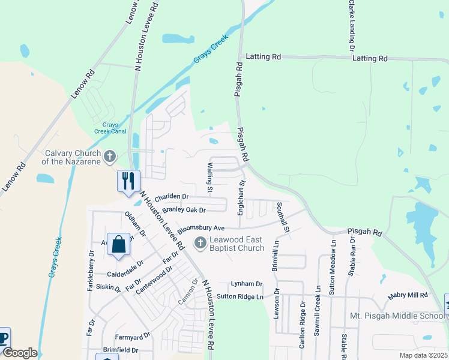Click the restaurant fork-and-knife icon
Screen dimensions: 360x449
pos(128,181)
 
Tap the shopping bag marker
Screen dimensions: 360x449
pos(118,245)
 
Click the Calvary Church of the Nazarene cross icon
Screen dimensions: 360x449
pos(109,157)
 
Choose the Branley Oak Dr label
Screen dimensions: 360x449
pos(184,210)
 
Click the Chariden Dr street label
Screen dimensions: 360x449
pos(172,196)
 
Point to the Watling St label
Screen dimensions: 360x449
pos(210,178)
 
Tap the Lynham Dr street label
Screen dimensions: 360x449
pos(247,284)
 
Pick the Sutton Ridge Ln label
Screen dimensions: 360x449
pos(240,296)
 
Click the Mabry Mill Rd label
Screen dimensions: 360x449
pos(407,295)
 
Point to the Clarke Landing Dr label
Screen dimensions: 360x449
pos(351,25)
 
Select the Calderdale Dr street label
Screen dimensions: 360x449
pos(125,262)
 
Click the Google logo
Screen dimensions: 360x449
pos(20,353)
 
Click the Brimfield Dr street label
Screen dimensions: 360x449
pos(120,350)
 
